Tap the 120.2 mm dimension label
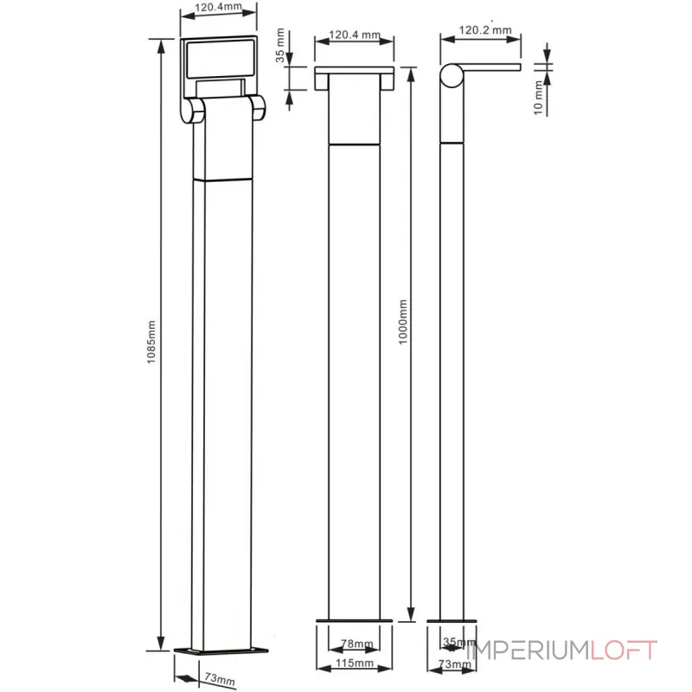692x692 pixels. tap(484, 29)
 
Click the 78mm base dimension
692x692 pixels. tap(355, 644)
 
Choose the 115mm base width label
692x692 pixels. tap(355, 664)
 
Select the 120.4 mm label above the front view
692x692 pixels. tap(355, 35)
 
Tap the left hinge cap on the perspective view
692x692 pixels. tap(193, 111)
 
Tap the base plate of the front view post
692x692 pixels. tap(355, 620)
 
